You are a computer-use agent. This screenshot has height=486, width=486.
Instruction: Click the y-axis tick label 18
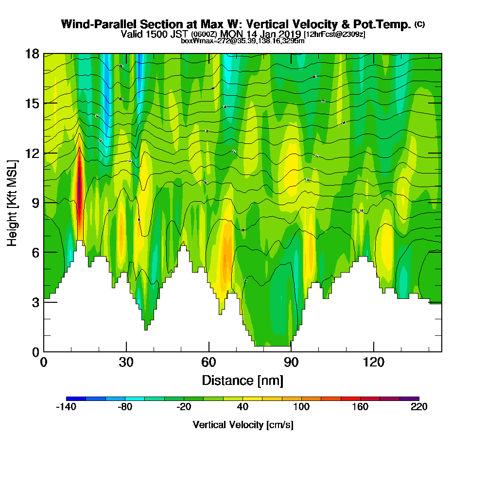tap(33, 53)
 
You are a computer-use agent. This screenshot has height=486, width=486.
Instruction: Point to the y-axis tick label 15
tap(33, 103)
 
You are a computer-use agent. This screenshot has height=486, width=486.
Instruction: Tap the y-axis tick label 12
tap(33, 153)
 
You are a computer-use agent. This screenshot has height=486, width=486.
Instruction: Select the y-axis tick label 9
tap(36, 203)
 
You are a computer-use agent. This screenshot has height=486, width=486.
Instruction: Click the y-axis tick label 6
tap(36, 252)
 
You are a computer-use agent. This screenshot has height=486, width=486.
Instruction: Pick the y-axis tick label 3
tap(36, 302)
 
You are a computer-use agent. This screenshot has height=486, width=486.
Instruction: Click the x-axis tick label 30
tap(126, 362)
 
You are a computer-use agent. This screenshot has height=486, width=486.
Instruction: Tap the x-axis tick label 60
tap(208, 362)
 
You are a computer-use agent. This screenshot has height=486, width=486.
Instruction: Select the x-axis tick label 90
tap(291, 362)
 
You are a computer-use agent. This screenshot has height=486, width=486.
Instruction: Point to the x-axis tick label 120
tap(373, 362)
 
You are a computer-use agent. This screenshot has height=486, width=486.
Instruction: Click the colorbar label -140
tap(67, 407)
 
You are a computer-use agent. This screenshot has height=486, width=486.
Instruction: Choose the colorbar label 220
tap(418, 407)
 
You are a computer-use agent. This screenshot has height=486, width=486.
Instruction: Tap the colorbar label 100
tap(301, 407)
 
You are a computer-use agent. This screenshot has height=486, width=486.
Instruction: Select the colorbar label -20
tap(184, 407)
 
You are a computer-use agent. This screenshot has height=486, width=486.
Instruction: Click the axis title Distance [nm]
tap(243, 380)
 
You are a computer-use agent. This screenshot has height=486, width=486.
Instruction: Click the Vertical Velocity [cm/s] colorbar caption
tap(243, 425)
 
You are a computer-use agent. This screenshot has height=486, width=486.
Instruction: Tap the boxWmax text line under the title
tap(243, 41)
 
